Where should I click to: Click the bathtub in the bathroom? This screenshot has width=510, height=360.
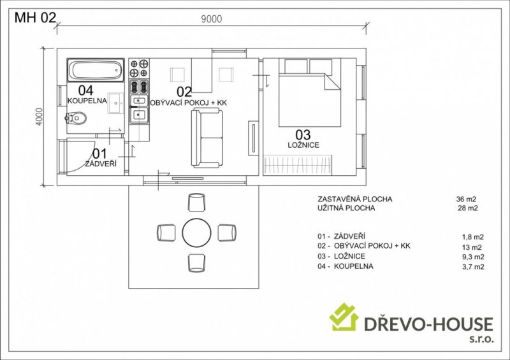click(96, 70)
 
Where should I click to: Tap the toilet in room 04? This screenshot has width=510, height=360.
click(76, 118)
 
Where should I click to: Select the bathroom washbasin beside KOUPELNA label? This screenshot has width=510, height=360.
click(116, 103)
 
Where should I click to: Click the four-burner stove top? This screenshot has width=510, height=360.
click(139, 68)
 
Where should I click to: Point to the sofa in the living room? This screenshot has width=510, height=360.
click(207, 138)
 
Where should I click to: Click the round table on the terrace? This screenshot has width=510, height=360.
click(196, 233)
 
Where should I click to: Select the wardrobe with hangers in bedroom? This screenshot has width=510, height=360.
click(298, 165)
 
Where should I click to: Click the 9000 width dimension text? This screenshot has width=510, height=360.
click(212, 19)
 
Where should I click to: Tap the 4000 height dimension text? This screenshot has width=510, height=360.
click(39, 117)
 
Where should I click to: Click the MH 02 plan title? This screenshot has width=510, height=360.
click(36, 18)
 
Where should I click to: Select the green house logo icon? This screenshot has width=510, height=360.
click(344, 317)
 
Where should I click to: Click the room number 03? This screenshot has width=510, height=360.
click(303, 134)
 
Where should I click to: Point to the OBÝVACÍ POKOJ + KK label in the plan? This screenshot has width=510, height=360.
click(188, 103)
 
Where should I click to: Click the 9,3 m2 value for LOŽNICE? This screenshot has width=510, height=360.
click(473, 257)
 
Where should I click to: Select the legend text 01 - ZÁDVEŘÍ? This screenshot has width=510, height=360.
click(341, 236)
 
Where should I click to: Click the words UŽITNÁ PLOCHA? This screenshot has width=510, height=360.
click(346, 208)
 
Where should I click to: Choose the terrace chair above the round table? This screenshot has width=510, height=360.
click(196, 202)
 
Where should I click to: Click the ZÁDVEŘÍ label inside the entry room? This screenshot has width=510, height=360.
click(101, 164)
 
